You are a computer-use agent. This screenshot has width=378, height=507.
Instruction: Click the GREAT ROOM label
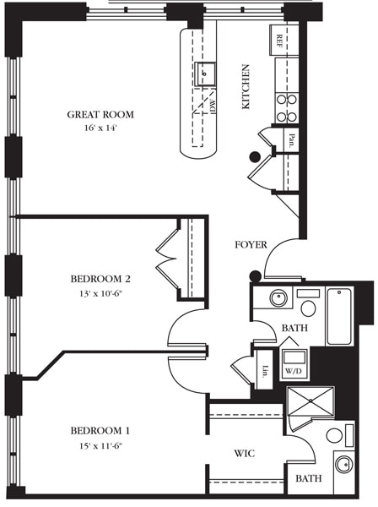click(100, 115)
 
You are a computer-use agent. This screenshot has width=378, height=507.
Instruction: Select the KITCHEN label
click(246, 87)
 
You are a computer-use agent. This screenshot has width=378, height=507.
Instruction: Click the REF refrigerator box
click(278, 40)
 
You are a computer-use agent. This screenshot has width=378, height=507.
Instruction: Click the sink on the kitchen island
click(203, 74)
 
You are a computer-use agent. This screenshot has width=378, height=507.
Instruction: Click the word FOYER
click(251, 245)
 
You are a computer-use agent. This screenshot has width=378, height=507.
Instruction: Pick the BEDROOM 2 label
click(100, 278)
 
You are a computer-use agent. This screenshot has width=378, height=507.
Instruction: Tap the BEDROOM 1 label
click(100, 430)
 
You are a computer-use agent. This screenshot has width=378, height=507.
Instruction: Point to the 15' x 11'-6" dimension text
click(100, 446)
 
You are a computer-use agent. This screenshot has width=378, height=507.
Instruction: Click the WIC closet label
click(245, 454)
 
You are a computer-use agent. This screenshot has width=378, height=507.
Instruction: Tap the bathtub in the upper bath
click(338, 316)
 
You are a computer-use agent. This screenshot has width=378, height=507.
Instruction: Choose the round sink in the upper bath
click(278, 298)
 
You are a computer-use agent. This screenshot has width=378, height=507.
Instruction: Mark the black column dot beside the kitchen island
click(254, 155)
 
